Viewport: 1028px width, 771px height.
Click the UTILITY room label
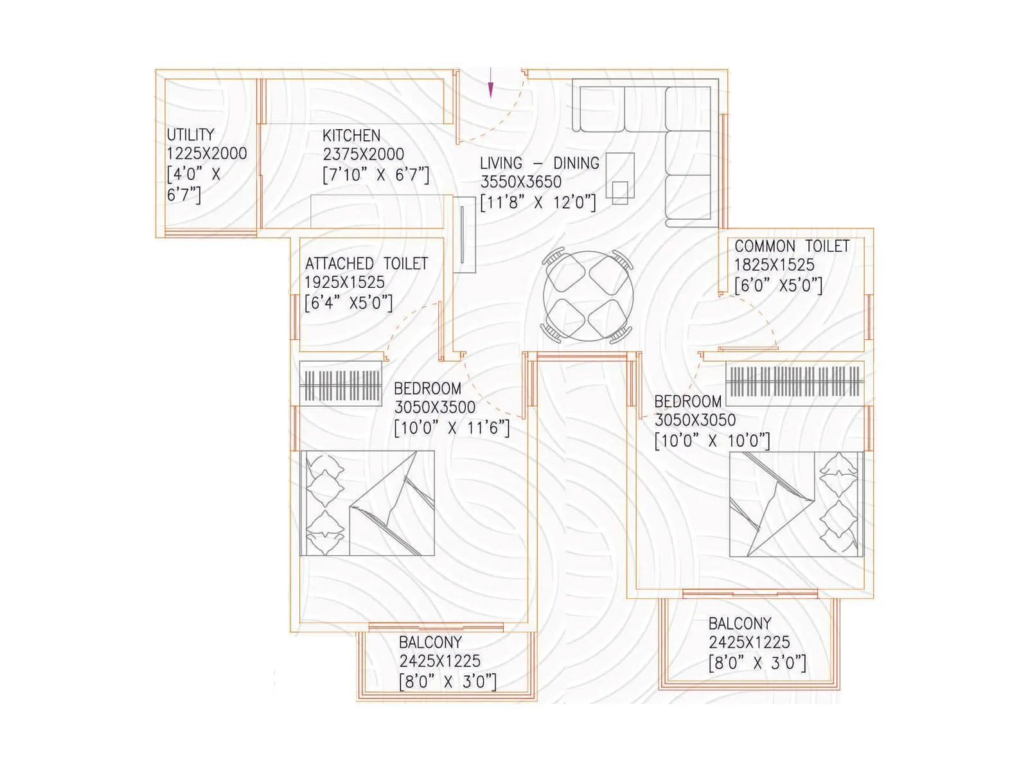click(x=190, y=135)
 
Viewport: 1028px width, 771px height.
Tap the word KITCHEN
click(x=351, y=136)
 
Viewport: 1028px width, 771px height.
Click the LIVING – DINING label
click(x=539, y=163)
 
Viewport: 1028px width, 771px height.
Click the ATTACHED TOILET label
click(x=366, y=263)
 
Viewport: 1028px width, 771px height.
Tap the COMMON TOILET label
click(x=792, y=246)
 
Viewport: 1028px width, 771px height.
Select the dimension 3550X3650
click(x=520, y=182)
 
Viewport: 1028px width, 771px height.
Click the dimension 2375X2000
click(x=364, y=154)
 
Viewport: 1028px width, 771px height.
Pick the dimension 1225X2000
click(x=206, y=154)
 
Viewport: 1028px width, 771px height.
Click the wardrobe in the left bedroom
click(x=341, y=385)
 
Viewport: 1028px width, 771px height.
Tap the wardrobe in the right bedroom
click(x=794, y=382)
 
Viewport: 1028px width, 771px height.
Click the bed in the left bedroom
click(x=367, y=503)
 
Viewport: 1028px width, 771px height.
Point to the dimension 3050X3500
click(x=435, y=407)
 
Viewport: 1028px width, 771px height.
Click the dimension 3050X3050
click(x=695, y=420)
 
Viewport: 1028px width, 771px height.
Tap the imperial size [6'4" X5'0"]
click(x=348, y=302)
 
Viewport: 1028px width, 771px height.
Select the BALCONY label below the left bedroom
click(x=430, y=642)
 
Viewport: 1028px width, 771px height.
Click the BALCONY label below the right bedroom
click(x=740, y=623)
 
